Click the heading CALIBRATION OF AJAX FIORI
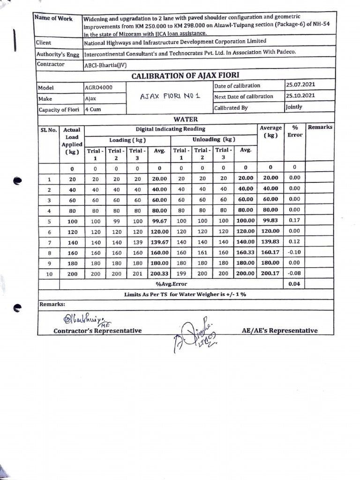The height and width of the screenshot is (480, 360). tap(186, 76)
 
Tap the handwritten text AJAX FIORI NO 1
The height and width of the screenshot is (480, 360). tap(170, 96)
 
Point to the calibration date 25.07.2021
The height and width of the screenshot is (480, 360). tap(300, 85)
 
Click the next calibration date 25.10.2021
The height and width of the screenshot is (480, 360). tap(300, 96)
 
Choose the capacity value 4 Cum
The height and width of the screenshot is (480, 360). tap(93, 110)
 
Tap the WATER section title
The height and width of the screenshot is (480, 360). tap(186, 119)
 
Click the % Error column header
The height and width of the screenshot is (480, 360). tap(295, 131)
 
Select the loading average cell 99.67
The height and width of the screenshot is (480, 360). tap(159, 220)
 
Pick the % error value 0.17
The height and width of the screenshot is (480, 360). tap(294, 220)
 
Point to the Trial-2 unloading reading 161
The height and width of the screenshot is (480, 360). tap(202, 253)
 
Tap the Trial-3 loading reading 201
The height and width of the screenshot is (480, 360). tap(137, 274)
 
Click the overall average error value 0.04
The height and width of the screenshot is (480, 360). tap(294, 284)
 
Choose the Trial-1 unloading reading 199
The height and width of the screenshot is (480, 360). tap(181, 274)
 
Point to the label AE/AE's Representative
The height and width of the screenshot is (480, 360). tap(279, 330)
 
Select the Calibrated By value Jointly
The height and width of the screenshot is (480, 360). tap(294, 107)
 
